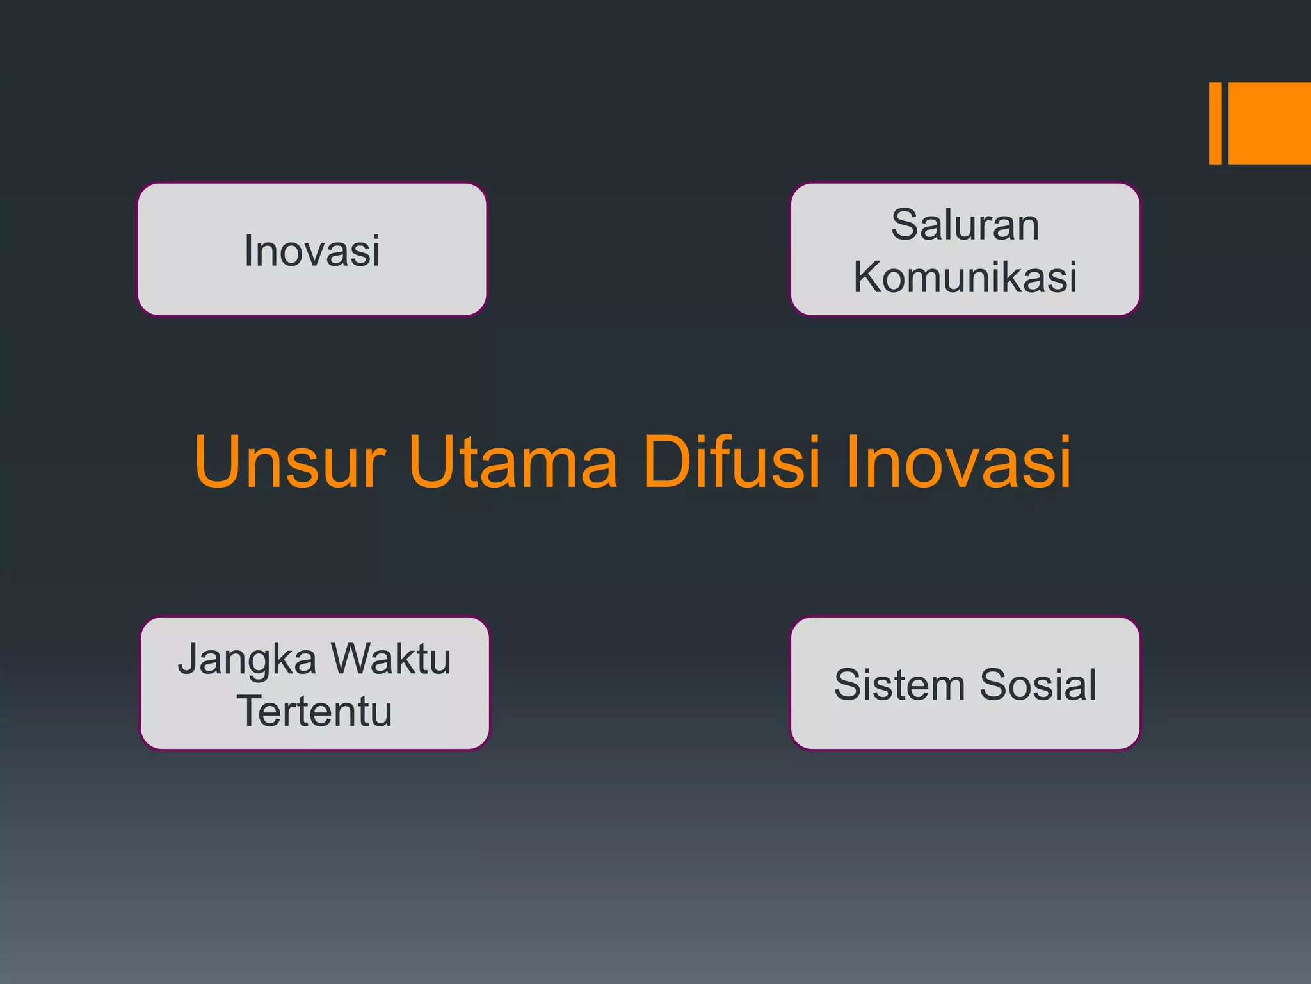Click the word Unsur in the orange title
pos(289,461)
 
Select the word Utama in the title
pos(513,461)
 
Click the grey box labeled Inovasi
pos(312,250)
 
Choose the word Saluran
pos(965,225)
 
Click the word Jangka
pos(247,660)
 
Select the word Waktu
pos(391,659)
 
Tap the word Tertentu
pos(314,711)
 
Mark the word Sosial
pos(1038,684)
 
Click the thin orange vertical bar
pos(1215,123)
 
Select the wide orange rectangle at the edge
pos(1270,123)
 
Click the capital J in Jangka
pos(189,659)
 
